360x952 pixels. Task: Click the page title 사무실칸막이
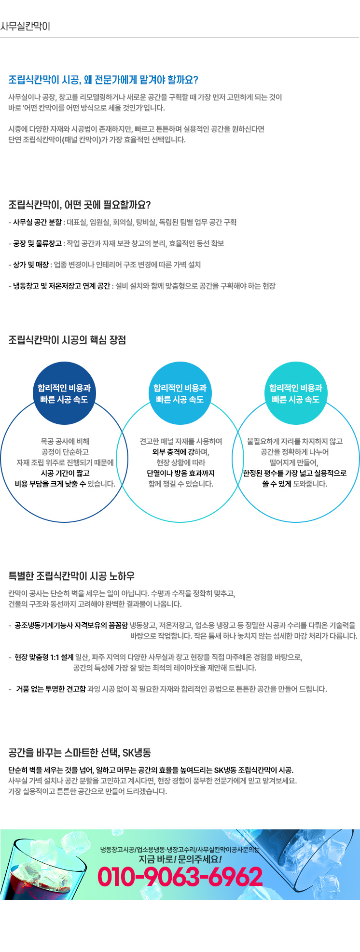[25, 26]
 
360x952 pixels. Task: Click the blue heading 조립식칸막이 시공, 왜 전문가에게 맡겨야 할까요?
[103, 80]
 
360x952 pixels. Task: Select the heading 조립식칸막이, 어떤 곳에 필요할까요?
[80, 205]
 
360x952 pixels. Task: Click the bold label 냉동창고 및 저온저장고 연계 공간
[62, 286]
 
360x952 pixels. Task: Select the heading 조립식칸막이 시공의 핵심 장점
[67, 340]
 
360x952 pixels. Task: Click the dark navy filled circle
[64, 393]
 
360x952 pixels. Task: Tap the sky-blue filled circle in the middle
[180, 393]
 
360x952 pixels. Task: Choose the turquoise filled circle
[296, 393]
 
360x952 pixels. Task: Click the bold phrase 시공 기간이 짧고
[65, 473]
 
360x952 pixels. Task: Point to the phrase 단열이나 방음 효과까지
[181, 473]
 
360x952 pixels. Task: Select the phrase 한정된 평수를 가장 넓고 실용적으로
[295, 473]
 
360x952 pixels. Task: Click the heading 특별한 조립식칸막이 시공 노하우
[71, 576]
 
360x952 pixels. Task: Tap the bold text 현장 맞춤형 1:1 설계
[44, 657]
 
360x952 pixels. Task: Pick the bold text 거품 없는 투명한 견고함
[51, 689]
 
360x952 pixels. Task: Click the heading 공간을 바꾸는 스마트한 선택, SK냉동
[80, 753]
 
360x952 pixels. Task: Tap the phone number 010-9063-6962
[180, 877]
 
